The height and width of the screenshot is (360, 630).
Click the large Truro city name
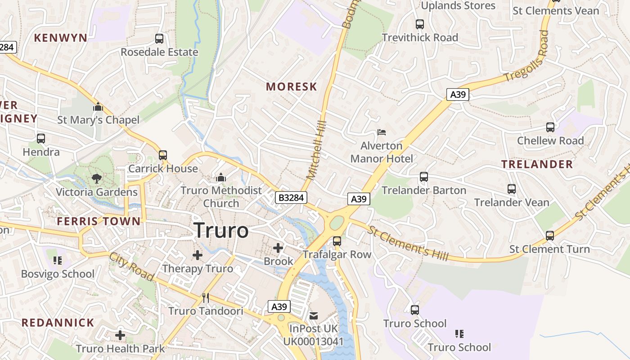[221, 231]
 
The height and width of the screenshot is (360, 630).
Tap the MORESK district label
[292, 86]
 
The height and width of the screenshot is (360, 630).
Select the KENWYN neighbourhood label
[61, 38]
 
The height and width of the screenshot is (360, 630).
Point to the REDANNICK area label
[58, 323]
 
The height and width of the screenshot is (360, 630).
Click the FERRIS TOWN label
[99, 221]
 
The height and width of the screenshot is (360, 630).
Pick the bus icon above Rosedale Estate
[159, 39]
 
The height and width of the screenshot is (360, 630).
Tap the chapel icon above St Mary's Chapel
[98, 107]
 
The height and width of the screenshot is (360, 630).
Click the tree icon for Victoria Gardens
[96, 179]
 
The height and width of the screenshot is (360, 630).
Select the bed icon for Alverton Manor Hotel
[382, 132]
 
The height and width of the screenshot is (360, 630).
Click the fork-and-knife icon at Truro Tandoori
[206, 297]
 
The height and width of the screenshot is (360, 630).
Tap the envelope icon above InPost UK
[314, 315]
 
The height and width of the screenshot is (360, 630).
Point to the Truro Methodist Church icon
[220, 178]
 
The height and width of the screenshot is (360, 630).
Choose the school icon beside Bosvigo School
[58, 261]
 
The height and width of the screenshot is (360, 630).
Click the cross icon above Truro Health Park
[120, 335]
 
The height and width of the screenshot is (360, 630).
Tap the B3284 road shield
[291, 198]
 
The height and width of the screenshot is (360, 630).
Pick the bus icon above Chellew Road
[550, 127]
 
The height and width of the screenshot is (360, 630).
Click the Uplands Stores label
[458, 6]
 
